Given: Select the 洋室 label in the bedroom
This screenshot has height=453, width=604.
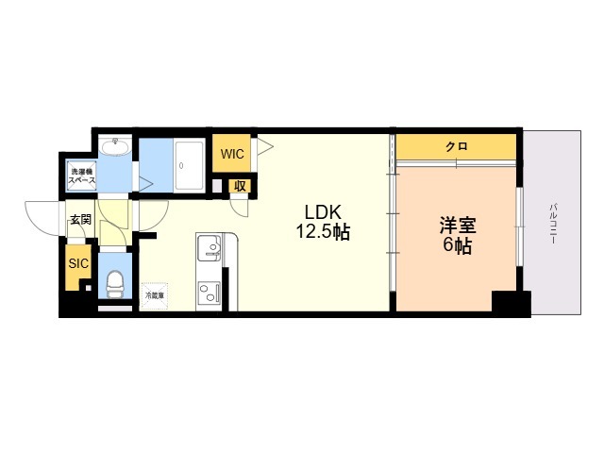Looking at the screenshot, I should [457, 226].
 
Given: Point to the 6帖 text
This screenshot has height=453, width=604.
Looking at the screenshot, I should [457, 247].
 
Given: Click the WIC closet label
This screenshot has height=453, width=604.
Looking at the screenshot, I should [233, 154].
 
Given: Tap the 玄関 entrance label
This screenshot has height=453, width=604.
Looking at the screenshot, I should [79, 220].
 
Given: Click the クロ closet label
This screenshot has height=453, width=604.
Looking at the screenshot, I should [457, 147].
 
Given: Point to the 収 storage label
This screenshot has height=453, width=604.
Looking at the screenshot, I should [240, 186].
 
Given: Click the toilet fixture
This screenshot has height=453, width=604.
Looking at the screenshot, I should [115, 281].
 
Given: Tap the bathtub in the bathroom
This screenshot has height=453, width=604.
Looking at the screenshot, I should [189, 166].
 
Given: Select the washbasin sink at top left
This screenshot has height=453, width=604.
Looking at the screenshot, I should [116, 147].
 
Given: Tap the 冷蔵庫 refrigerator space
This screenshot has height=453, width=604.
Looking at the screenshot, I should [154, 295].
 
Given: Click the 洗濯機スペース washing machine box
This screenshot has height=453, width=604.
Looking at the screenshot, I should [79, 176].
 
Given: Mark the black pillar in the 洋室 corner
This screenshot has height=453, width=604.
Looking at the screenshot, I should [511, 304].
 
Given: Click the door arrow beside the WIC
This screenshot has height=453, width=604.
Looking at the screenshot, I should [263, 146].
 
